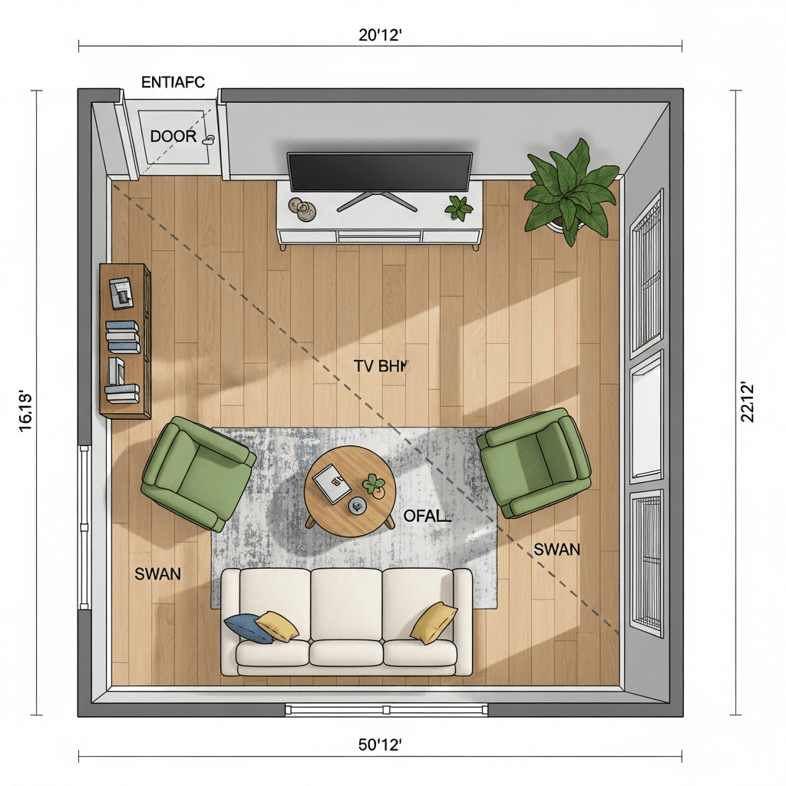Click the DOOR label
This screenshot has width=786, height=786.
tap(173, 136)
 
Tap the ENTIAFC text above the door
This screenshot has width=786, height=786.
tap(173, 82)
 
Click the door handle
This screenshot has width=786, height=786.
tap(209, 139)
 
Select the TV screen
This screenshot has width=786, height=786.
tap(379, 172)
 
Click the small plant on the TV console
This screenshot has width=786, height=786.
tap(459, 207)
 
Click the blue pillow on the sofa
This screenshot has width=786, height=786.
tap(246, 629)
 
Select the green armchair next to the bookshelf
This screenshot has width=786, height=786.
tap(199, 473)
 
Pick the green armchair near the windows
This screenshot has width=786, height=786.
tap(534, 463)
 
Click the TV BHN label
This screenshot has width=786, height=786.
tap(381, 366)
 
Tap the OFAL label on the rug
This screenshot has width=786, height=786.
tap(427, 516)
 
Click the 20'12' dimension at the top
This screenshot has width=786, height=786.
tap(380, 35)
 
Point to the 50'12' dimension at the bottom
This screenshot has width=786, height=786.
tap(380, 745)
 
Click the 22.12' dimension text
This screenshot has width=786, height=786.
tap(747, 402)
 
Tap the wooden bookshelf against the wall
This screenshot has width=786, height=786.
tap(125, 341)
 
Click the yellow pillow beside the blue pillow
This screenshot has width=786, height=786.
tap(276, 626)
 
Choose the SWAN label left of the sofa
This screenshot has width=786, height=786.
tap(158, 574)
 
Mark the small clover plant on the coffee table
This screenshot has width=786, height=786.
tap(374, 485)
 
